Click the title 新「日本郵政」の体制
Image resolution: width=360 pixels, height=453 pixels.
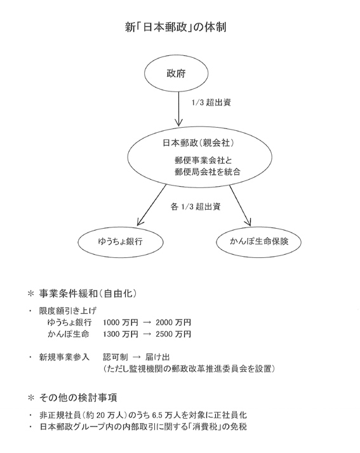point(175,27)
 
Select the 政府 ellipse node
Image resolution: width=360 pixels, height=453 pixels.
point(176,73)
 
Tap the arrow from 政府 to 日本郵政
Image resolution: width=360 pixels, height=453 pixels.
point(178,109)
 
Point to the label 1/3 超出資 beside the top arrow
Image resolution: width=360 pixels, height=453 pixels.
point(211,102)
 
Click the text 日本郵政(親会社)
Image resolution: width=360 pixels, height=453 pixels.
point(198,143)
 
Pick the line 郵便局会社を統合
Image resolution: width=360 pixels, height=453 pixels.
point(208,172)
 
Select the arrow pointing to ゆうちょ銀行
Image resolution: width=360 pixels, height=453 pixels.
point(152,205)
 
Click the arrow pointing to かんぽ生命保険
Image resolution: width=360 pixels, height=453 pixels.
point(240,205)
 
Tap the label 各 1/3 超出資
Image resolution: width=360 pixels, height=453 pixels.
point(196,207)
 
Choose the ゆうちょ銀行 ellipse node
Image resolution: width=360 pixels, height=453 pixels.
point(121,241)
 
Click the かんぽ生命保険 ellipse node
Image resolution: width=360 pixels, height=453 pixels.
point(258,241)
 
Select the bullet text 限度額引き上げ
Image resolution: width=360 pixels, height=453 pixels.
point(67,311)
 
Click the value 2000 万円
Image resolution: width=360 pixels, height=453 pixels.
point(173,322)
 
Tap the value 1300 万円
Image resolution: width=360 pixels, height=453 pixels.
point(121,334)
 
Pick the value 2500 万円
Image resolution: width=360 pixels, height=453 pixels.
point(173,334)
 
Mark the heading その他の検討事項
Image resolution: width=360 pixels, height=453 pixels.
point(78,398)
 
